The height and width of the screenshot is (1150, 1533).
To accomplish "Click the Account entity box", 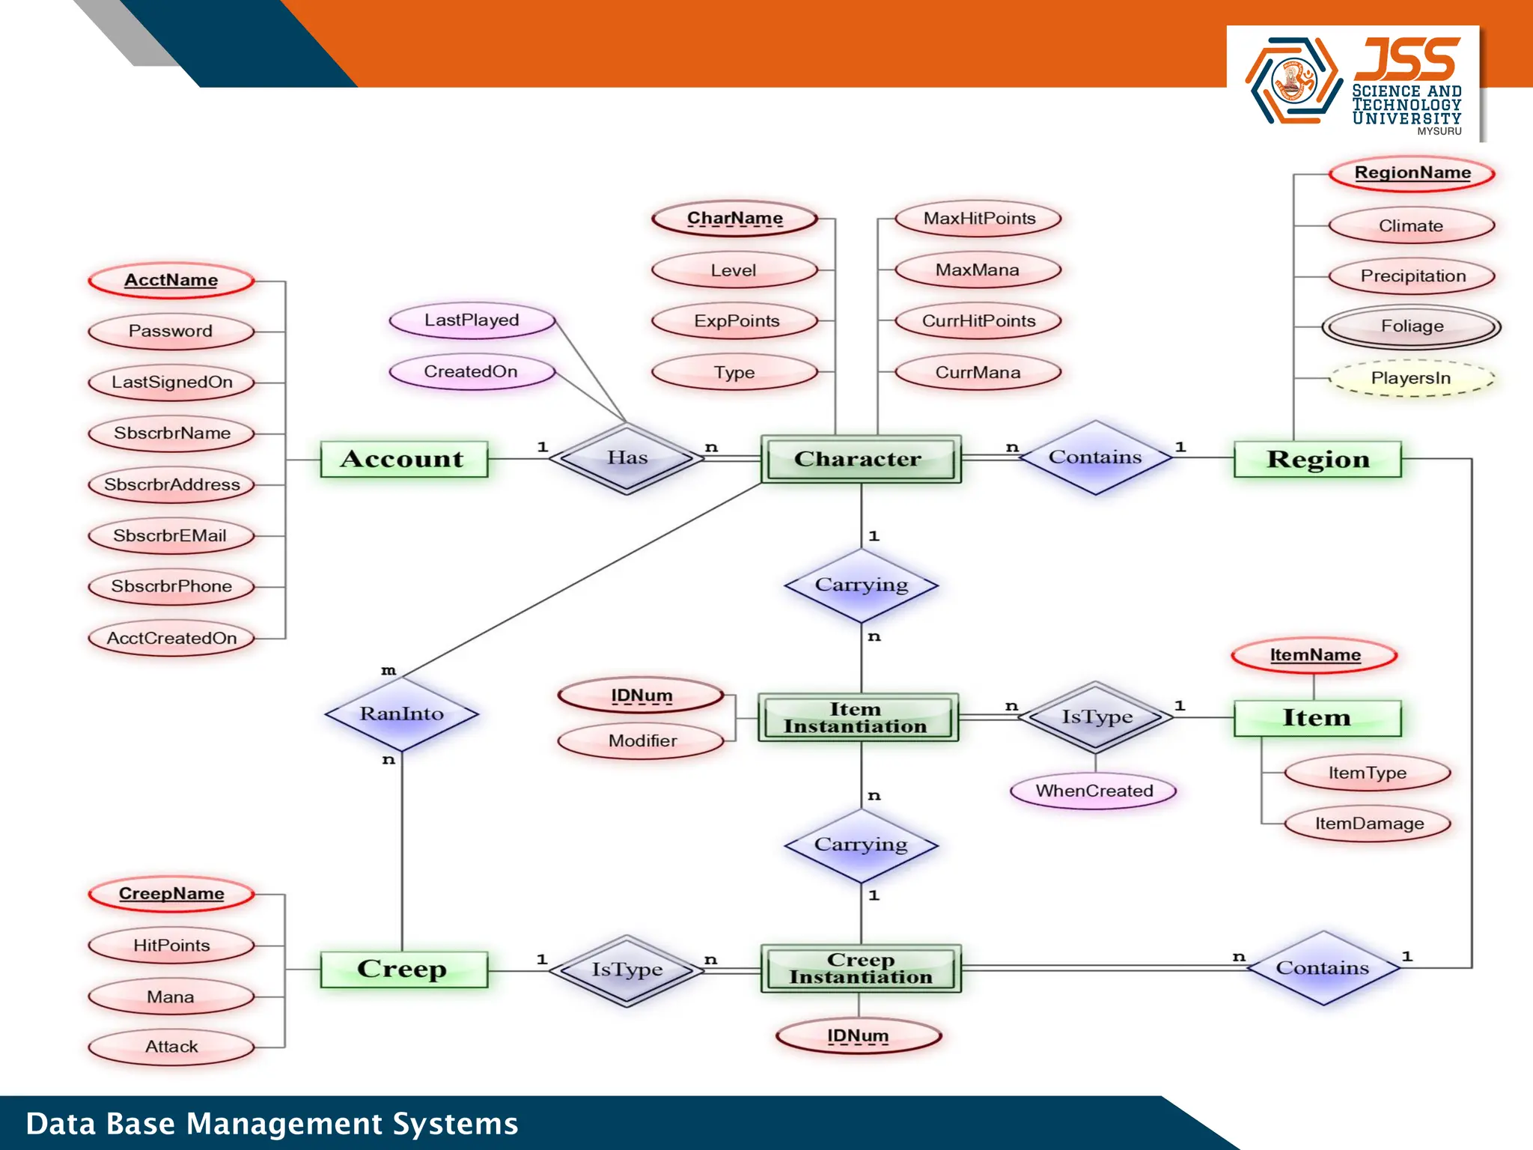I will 403,459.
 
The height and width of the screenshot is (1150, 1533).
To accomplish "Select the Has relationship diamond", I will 627,457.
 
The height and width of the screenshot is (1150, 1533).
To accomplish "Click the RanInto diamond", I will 402,714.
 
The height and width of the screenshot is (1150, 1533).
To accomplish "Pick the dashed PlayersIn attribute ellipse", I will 1411,378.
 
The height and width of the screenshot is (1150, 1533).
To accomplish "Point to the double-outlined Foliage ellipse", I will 1411,326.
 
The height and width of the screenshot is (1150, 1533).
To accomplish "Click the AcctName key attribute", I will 171,280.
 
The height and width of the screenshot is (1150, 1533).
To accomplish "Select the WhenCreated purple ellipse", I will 1094,791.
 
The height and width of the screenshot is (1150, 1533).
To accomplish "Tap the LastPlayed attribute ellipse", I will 472,320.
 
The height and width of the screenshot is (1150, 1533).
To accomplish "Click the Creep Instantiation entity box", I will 860,969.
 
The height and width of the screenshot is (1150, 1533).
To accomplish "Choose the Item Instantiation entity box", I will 857,717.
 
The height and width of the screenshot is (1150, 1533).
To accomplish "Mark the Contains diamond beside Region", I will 1095,457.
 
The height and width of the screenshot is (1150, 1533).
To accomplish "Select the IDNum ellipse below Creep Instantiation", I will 858,1036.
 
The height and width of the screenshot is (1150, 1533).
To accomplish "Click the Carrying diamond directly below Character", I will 861,585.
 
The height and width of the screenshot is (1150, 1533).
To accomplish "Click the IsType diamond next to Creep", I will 627,970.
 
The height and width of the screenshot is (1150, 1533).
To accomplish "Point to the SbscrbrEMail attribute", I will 171,536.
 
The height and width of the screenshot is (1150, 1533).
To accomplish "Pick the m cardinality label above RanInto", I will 388,671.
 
